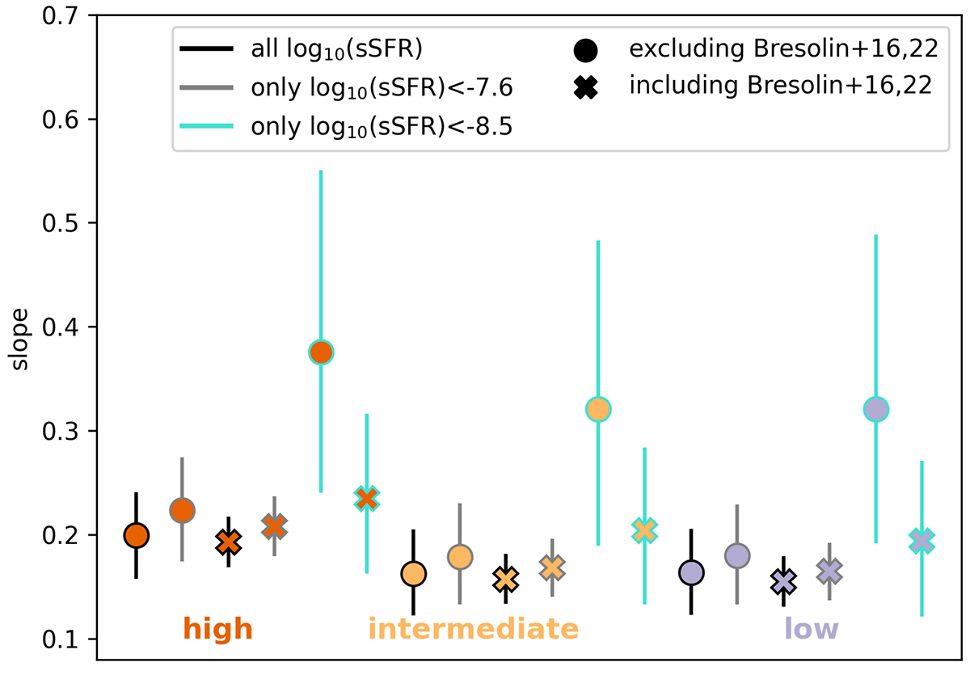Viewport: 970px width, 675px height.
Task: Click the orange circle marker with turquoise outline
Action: click(321, 352)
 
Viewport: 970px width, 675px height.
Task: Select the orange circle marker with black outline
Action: click(136, 535)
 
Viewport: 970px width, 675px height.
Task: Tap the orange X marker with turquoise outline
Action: click(367, 498)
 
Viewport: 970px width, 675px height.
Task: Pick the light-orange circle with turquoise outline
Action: click(598, 409)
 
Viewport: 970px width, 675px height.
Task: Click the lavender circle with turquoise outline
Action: click(876, 410)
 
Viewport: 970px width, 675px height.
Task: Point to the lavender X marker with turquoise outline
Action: click(922, 539)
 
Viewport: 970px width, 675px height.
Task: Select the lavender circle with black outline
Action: click(691, 572)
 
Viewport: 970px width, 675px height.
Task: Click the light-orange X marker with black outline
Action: click(506, 580)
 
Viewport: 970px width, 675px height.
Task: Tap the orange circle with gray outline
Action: click(182, 510)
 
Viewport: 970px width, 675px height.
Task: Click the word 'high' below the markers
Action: click(217, 629)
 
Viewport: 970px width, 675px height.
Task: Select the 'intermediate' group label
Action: click(473, 629)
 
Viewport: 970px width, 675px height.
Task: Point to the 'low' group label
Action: click(811, 629)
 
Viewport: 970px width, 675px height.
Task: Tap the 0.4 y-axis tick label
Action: click(61, 327)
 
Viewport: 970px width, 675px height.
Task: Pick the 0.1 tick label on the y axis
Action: click(61, 639)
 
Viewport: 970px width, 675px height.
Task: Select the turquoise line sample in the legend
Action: click(209, 126)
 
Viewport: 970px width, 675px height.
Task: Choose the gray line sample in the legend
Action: click(209, 87)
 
